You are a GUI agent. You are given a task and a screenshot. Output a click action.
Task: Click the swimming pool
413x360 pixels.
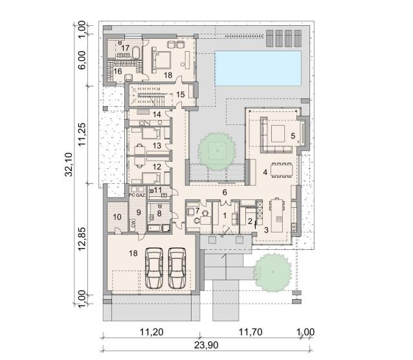tap(258, 68)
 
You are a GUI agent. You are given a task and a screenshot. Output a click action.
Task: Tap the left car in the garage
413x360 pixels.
tap(154, 268)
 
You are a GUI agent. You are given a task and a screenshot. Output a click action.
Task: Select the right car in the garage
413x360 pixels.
tap(177, 268)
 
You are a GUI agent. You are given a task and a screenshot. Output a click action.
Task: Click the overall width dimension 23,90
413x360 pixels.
tap(206, 345)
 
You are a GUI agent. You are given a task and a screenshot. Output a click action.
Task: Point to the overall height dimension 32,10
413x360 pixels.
tap(69, 164)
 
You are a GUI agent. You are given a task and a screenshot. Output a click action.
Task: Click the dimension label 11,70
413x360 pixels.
tap(251, 332)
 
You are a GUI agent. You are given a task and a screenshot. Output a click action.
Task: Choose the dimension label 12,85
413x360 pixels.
tap(82, 239)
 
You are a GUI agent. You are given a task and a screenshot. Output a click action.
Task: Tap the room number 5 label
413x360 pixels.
tap(293, 136)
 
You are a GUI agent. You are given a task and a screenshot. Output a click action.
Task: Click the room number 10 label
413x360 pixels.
tap(117, 217)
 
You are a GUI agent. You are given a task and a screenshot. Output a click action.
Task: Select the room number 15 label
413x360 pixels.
tap(181, 95)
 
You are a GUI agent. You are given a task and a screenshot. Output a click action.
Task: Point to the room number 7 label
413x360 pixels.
tap(197, 210)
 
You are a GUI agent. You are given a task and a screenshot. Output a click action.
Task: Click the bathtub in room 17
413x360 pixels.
tap(136, 53)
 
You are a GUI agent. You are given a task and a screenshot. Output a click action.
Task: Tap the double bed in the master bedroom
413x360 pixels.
tap(161, 60)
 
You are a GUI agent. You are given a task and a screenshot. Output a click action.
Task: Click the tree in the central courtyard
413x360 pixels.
tap(217, 150)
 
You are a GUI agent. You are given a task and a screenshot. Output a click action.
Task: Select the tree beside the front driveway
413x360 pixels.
tap(273, 272)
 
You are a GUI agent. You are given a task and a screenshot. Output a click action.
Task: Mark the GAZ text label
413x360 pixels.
tap(140, 196)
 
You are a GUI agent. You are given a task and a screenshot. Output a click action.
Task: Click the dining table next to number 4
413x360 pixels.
tap(282, 171)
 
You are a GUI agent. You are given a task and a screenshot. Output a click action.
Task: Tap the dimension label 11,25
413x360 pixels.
tap(82, 134)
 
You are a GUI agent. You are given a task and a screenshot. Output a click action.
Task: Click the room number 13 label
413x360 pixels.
tap(157, 146)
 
